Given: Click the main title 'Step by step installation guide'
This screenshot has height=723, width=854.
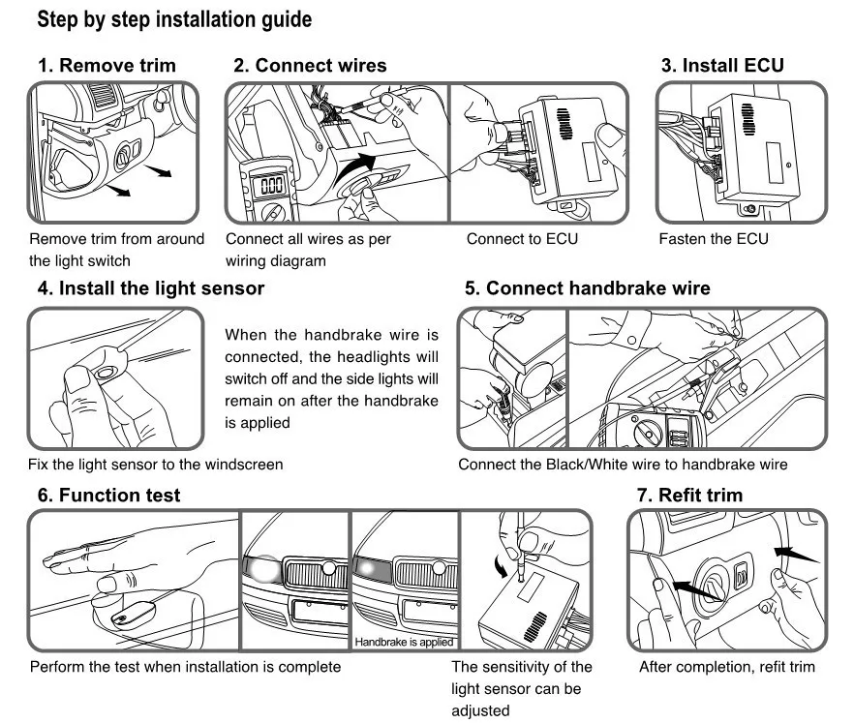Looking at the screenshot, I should coord(175,18).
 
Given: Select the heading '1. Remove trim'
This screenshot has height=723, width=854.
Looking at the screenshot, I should coord(107,66).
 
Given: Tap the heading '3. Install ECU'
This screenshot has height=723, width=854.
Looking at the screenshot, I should coord(722,66).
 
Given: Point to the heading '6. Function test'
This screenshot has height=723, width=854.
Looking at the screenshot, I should coord(108,496).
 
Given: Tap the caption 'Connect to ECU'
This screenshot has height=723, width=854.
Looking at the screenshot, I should coord(521,239).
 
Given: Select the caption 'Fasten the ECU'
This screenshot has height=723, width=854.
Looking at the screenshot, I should coord(714,239).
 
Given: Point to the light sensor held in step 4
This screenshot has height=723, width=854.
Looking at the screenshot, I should coord(106,372).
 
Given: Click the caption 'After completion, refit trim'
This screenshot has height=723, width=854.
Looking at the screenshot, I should coord(727,667).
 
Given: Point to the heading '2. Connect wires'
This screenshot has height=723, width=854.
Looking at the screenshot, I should coord(310,66).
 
